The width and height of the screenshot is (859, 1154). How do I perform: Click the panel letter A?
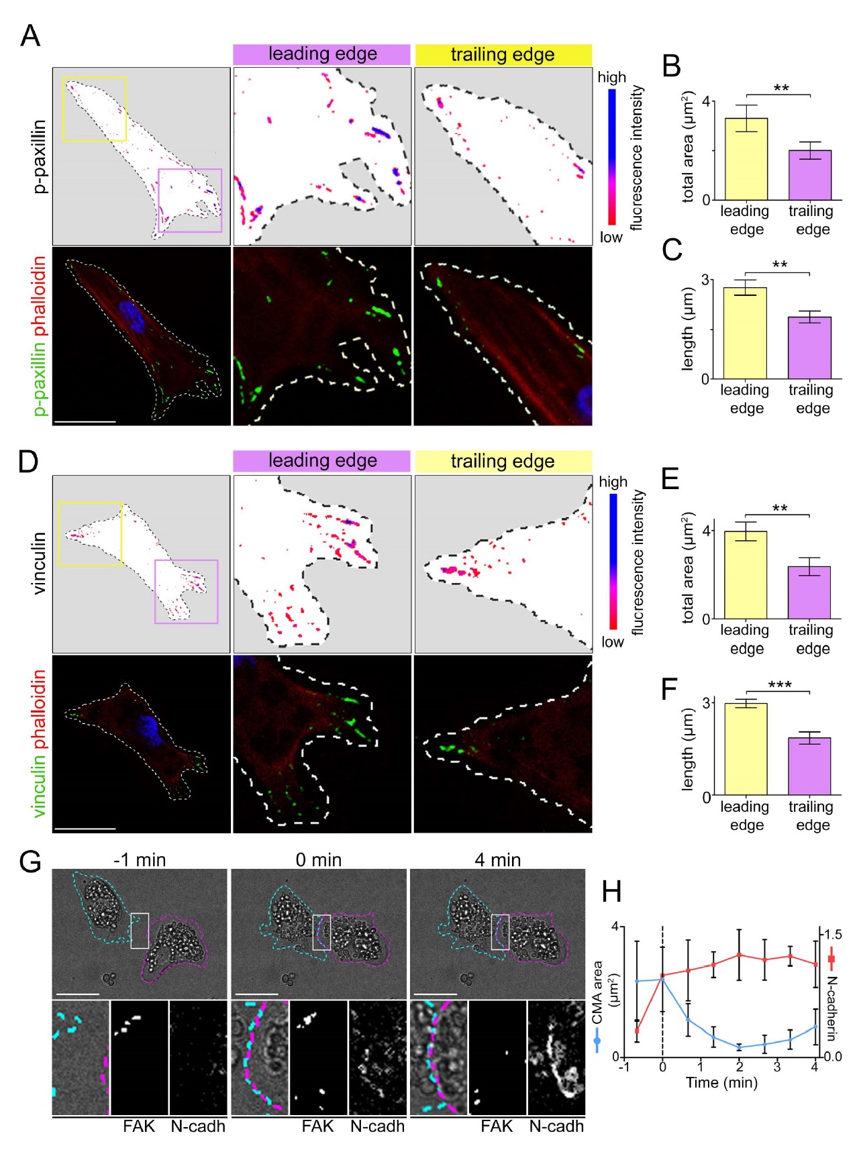[30, 36]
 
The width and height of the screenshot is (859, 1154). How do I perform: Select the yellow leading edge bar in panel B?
[746, 159]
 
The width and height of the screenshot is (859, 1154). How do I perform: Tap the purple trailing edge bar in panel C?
[810, 348]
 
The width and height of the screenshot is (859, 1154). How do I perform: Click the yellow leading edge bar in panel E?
[746, 574]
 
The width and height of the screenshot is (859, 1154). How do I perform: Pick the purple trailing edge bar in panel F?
[810, 766]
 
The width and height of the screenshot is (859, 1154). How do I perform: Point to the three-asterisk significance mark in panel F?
[779, 685]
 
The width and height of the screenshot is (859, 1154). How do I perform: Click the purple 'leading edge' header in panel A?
[322, 54]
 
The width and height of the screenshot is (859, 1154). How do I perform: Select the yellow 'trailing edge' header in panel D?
[503, 462]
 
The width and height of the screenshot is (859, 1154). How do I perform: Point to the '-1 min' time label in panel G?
[140, 859]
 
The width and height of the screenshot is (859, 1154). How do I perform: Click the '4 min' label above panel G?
[497, 859]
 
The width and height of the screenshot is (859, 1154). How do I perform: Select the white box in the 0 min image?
[321, 932]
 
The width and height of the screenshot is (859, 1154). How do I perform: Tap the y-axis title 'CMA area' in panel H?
[597, 993]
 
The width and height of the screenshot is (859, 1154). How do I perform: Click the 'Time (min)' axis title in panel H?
[721, 1082]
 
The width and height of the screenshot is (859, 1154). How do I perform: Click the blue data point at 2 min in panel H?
[739, 1047]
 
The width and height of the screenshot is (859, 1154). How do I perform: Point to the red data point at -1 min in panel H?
[637, 1031]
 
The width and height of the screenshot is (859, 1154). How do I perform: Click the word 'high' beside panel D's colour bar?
[613, 482]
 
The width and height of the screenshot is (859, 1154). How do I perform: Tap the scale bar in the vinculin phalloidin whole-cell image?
[85, 829]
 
